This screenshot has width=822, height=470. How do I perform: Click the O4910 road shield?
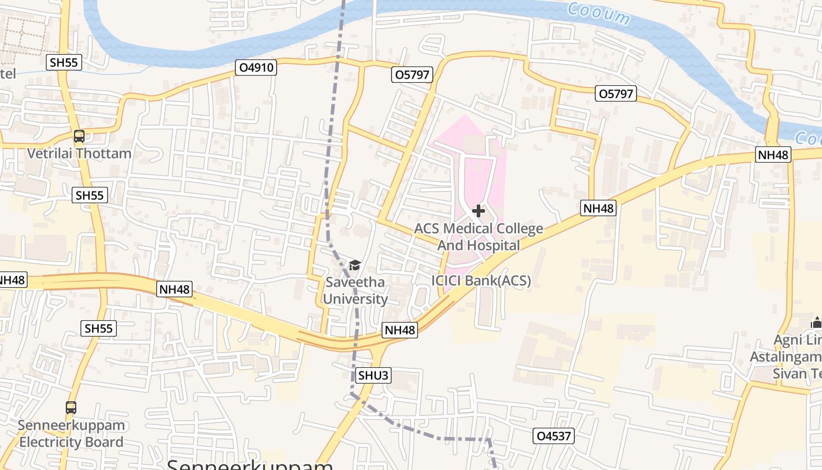pyautogui.click(x=256, y=68)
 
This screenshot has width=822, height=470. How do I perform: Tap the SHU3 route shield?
pyautogui.click(x=373, y=375)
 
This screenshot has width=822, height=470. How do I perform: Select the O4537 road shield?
pyautogui.click(x=554, y=436)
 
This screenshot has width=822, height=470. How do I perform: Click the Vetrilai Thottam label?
pyautogui.click(x=79, y=154)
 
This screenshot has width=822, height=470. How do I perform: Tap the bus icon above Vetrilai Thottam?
pyautogui.click(x=79, y=136)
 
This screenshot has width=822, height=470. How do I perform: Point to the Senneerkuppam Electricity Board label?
pyautogui.click(x=71, y=434)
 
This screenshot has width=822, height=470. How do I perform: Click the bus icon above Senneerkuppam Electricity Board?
pyautogui.click(x=71, y=407)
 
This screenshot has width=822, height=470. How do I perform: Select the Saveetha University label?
pyautogui.click(x=355, y=291)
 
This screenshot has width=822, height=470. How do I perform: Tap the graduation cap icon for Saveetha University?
pyautogui.click(x=355, y=266)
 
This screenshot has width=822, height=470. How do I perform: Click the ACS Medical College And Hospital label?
pyautogui.click(x=479, y=237)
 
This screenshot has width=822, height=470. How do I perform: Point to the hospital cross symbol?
pyautogui.click(x=479, y=211)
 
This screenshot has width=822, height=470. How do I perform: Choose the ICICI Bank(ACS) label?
pyautogui.click(x=481, y=281)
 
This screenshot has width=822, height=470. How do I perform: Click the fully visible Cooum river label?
pyautogui.click(x=598, y=14)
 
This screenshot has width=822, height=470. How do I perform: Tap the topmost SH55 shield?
pyautogui.click(x=65, y=62)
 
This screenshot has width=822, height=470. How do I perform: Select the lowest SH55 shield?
pyautogui.click(x=99, y=328)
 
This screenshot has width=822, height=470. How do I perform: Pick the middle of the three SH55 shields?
pyautogui.click(x=90, y=196)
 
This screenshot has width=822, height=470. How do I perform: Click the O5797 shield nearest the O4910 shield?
pyautogui.click(x=412, y=75)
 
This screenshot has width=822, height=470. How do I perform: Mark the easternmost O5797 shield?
pyautogui.click(x=616, y=93)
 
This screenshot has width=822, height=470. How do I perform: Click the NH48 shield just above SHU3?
pyautogui.click(x=400, y=330)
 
